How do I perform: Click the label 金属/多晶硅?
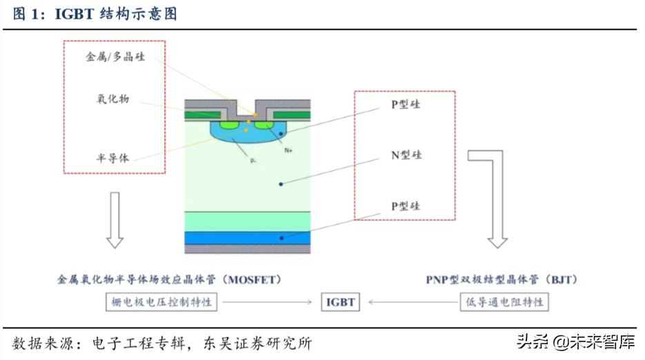(115, 57)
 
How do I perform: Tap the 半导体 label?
(112, 157)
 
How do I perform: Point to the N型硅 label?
(406, 155)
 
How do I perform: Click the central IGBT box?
(340, 302)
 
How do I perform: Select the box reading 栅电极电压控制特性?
(163, 302)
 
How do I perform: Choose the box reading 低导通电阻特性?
(504, 302)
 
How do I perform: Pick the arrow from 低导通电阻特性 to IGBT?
(413, 302)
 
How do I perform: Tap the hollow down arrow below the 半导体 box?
(115, 220)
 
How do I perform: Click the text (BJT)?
(561, 280)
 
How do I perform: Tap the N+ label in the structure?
(289, 148)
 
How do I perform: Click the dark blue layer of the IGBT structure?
(248, 237)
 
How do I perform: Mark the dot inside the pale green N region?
(280, 183)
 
